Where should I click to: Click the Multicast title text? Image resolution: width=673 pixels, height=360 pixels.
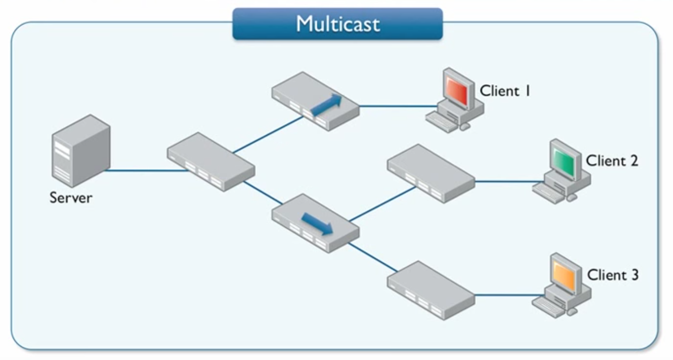pyautogui.click(x=337, y=24)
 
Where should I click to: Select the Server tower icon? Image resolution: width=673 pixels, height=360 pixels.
pyautogui.click(x=81, y=151)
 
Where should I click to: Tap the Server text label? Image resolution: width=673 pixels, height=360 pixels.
pyautogui.click(x=71, y=198)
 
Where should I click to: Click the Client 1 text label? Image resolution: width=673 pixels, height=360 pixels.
pyautogui.click(x=505, y=91)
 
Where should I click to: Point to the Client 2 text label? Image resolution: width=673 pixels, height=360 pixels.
pyautogui.click(x=612, y=161)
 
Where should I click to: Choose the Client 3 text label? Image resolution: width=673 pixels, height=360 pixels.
pyautogui.click(x=613, y=275)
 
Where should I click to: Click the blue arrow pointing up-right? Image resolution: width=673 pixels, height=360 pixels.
pyautogui.click(x=326, y=105)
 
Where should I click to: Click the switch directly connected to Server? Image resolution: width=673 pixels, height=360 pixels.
pyautogui.click(x=211, y=162)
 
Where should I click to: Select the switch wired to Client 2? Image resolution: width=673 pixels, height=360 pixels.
pyautogui.click(x=431, y=173)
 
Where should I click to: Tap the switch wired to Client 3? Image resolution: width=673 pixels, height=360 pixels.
pyautogui.click(x=431, y=290)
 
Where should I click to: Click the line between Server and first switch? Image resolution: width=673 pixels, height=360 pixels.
pyautogui.click(x=145, y=170)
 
